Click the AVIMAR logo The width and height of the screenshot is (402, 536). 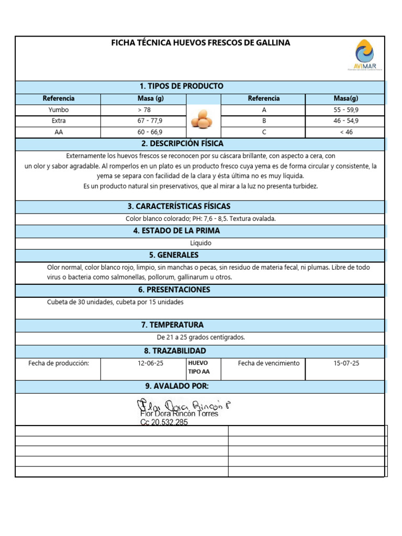(x=365, y=55)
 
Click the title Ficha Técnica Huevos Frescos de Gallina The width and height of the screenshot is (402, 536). (x=200, y=43)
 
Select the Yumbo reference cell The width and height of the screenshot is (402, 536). (x=59, y=110)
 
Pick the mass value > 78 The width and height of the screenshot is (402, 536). (x=143, y=110)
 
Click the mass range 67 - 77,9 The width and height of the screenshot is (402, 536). (x=143, y=121)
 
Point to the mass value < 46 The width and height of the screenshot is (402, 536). (x=346, y=132)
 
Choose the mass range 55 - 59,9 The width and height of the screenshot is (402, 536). (x=346, y=110)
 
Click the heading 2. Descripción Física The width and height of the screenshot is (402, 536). (x=182, y=143)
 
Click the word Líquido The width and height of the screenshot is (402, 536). (x=200, y=243)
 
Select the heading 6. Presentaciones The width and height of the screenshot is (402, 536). (x=174, y=290)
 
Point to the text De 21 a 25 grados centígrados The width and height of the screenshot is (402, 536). (x=200, y=337)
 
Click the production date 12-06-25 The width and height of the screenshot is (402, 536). (x=143, y=363)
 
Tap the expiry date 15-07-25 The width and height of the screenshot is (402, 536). (x=346, y=363)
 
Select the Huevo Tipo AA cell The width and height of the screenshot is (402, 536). (x=198, y=367)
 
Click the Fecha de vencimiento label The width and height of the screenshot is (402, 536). (x=269, y=363)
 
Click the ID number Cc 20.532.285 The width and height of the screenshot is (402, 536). (x=164, y=422)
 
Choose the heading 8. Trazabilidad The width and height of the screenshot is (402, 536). (x=175, y=351)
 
